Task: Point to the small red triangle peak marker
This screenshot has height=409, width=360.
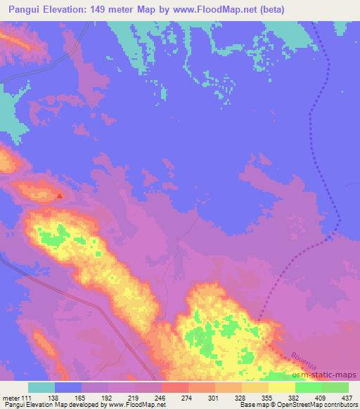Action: point(60,196)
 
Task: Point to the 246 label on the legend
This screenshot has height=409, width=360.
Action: point(162,397)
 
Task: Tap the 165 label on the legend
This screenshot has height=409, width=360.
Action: point(82,397)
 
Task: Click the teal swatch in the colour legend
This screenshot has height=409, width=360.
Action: point(41,387)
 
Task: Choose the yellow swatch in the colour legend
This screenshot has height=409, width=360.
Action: point(281,387)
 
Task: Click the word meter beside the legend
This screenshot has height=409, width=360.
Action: point(10,397)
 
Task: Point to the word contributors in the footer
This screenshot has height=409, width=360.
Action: point(335,405)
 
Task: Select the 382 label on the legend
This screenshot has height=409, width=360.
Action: point(295,397)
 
